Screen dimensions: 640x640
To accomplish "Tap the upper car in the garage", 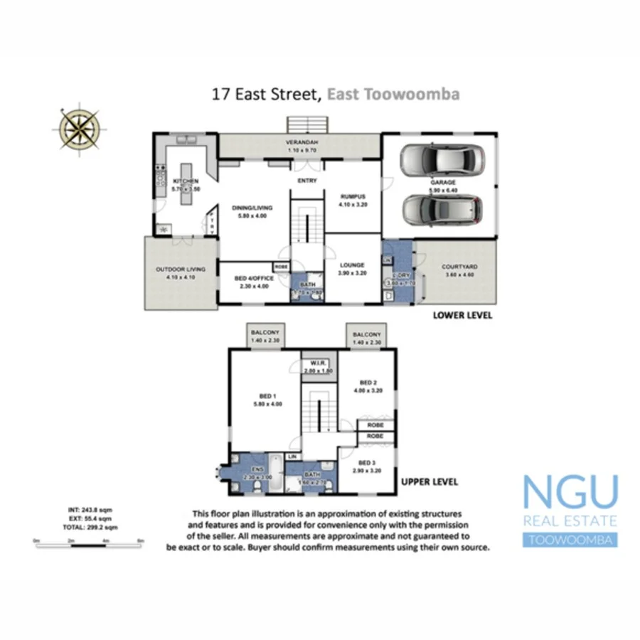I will click(x=442, y=161).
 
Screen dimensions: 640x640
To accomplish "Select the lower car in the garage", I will click(x=442, y=208).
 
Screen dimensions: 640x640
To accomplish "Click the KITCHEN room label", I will click(x=186, y=181).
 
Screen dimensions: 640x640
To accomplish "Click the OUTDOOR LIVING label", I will click(x=181, y=270).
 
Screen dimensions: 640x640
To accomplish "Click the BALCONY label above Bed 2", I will click(x=367, y=334).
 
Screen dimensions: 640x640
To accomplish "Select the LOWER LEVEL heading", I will click(x=462, y=315).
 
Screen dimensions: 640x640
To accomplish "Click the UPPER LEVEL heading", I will click(x=430, y=482).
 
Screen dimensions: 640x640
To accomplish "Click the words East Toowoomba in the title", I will click(x=393, y=93).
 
